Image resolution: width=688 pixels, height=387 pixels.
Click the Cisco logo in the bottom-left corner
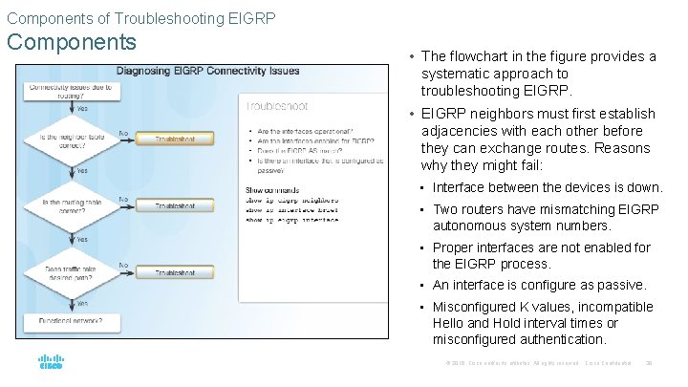point(52,364)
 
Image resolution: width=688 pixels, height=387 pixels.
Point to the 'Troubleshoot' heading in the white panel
point(278,108)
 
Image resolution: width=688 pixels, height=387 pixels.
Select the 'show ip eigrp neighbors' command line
point(291,200)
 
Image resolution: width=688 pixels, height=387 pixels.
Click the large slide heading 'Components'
point(73,43)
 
